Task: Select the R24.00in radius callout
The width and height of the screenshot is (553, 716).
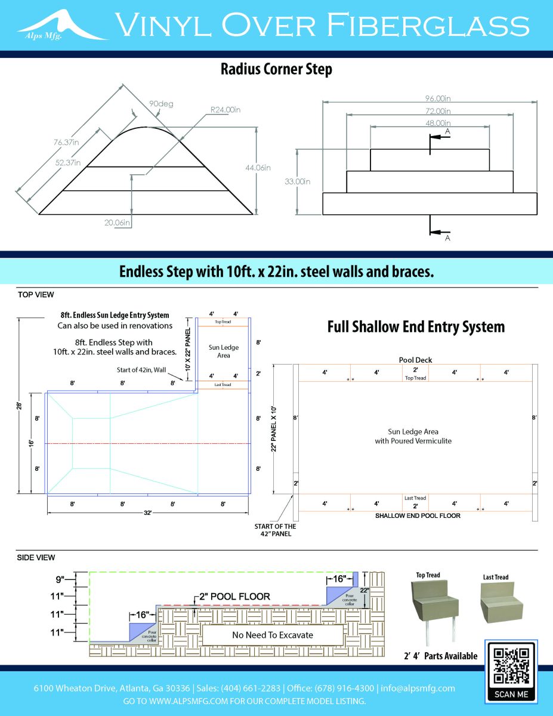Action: coord(225,110)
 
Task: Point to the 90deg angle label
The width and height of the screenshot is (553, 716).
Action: coord(161,104)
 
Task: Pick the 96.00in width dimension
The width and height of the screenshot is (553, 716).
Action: coord(430,98)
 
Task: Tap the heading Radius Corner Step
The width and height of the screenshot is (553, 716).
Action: coord(276,69)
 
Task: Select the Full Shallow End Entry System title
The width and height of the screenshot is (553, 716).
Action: coord(416,327)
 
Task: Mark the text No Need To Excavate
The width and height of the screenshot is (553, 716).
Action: coord(272,635)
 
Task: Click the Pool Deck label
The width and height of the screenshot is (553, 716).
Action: coord(415,360)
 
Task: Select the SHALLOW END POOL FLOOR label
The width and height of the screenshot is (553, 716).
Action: coord(418,516)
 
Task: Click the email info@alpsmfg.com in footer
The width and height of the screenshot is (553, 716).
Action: coord(418,688)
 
